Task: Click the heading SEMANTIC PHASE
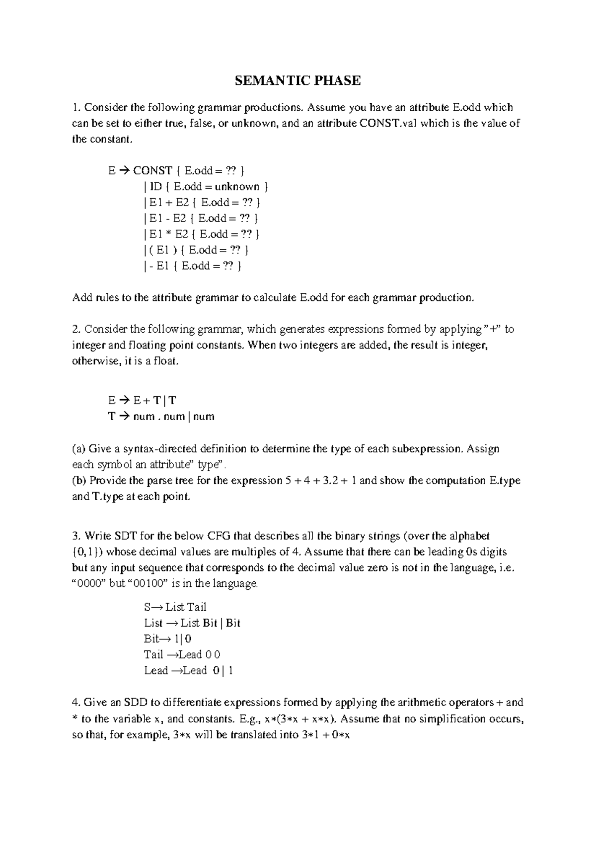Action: [x=298, y=80]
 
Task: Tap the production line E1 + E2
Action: [x=201, y=203]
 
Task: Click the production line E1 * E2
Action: [x=201, y=234]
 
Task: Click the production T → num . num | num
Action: [x=161, y=417]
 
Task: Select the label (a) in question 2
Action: [x=79, y=449]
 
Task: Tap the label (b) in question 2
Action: [x=79, y=481]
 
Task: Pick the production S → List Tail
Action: [x=175, y=607]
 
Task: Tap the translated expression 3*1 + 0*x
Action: [x=325, y=735]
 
